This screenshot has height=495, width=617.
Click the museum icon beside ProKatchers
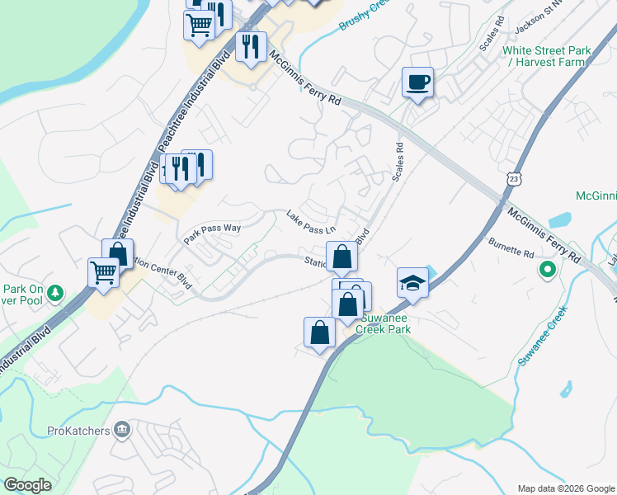pos(122,429)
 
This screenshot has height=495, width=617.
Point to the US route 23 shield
pos(515,178)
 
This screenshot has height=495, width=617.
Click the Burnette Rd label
pos(511,248)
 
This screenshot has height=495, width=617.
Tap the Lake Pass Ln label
pos(312,222)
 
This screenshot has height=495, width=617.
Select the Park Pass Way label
pos(211,231)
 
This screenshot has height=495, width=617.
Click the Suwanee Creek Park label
pos(383,323)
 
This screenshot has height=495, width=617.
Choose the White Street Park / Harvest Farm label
pos(547,56)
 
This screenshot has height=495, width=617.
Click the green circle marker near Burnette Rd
pos(546,269)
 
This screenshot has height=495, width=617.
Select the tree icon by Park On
pos(55,291)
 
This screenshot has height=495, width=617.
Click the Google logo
pos(27,485)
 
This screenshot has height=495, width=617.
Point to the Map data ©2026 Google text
pos(565,488)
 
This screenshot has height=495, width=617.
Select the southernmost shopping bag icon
pos(319,332)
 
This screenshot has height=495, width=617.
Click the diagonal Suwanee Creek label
pos(541,337)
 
